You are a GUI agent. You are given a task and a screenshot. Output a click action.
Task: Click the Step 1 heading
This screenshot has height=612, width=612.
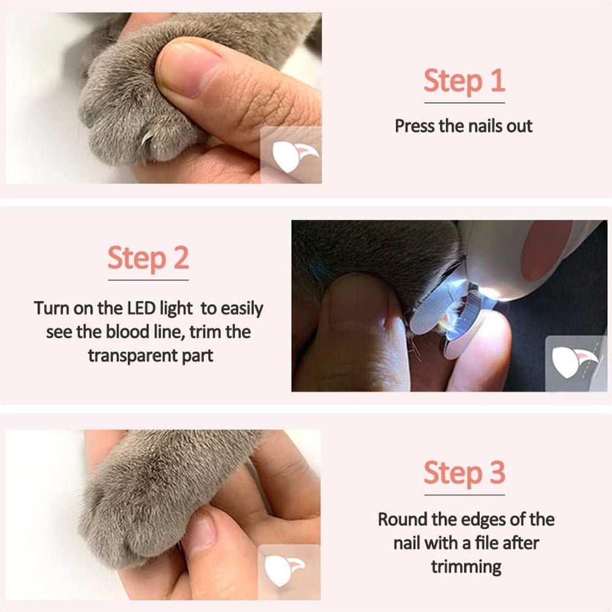pos(465,81)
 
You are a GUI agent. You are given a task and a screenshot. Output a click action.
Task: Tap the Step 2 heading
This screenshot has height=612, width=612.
pos(148,258)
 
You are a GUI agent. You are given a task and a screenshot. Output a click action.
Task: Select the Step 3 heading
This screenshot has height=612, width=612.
pos(465,473)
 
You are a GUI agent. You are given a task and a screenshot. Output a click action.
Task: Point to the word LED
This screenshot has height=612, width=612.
pos(142,308)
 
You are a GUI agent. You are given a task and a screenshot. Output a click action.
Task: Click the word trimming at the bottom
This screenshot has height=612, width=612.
pos(466,567)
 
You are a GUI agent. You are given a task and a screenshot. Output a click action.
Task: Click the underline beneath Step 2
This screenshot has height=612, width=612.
pos(148,280)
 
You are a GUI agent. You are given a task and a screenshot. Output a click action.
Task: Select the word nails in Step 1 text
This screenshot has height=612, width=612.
pos(485,126)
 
